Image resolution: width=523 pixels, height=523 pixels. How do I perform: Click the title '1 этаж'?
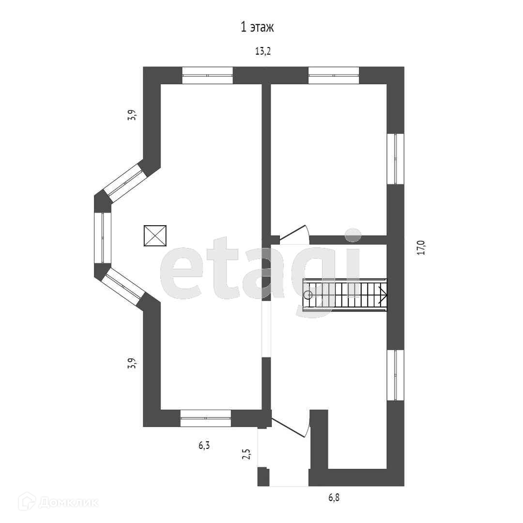point(257,27)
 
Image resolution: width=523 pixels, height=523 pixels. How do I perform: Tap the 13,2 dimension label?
point(262,51)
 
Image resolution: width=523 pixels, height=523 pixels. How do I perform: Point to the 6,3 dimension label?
point(204,446)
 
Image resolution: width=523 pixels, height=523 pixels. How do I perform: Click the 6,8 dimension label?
point(334,497)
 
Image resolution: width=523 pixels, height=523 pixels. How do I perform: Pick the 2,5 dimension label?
point(246,454)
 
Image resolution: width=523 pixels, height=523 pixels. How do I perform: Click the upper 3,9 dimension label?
point(131,116)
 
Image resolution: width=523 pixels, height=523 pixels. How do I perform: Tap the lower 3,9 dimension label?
point(131,363)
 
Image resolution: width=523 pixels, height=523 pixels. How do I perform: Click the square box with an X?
point(155,236)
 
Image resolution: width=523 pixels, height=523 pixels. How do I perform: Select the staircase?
point(345,294)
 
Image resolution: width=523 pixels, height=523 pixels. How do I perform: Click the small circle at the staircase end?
point(308,294)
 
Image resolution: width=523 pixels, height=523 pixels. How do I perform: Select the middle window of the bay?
point(103,237)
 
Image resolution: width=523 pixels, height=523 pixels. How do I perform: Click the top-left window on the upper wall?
point(207,75)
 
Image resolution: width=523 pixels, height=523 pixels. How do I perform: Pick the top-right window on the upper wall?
point(334,75)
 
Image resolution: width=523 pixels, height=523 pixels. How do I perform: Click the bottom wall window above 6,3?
point(205,417)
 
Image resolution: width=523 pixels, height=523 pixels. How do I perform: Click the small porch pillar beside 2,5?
point(263,477)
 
